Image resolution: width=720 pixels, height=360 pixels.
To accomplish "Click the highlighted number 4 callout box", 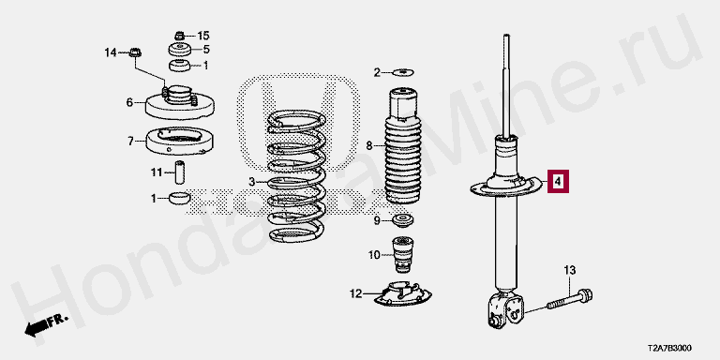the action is click(558, 182).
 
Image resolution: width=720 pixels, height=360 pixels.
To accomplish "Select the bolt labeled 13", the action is click(570, 299).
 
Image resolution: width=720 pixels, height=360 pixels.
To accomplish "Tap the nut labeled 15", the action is click(180, 35).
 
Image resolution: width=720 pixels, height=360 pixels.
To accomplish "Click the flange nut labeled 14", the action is click(135, 52).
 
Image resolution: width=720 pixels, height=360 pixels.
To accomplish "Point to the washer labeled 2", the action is click(404, 72).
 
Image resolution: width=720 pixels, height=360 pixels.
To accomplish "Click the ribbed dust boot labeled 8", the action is click(403, 145).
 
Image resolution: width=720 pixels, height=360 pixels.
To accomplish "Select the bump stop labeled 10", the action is click(402, 255).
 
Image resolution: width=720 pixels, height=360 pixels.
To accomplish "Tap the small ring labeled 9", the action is click(402, 219).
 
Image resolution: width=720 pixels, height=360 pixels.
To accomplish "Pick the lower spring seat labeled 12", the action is click(402, 293).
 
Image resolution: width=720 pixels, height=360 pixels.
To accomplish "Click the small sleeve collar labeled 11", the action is click(180, 172).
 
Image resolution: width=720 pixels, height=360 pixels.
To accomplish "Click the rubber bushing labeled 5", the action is click(180, 50).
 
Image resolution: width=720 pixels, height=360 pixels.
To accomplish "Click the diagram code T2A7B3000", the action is click(669, 348).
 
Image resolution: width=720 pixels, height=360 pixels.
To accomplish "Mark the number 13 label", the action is click(569, 270).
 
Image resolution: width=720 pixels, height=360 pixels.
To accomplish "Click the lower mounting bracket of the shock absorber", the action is click(506, 310).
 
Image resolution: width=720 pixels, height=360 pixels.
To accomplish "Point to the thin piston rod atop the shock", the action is click(506, 85).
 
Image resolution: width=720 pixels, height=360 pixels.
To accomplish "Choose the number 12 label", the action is click(356, 293).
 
